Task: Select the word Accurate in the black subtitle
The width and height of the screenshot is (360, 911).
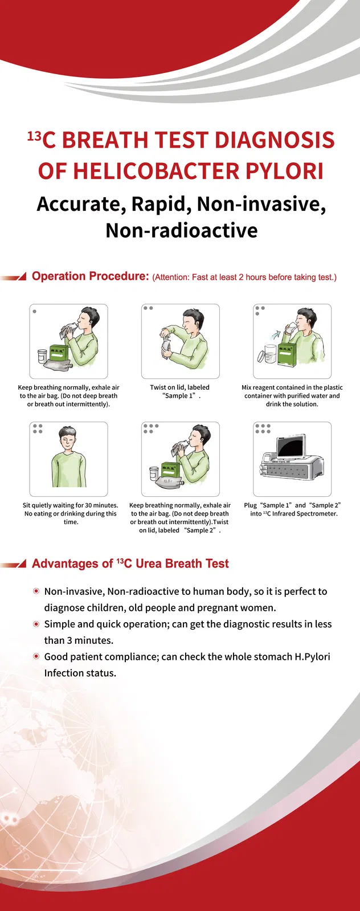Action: pyautogui.click(x=79, y=204)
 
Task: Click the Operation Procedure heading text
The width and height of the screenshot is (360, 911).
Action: pyautogui.click(x=90, y=276)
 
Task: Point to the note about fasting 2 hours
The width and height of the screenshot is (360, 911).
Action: pyautogui.click(x=244, y=277)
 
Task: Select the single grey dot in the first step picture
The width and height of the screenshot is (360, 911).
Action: pyautogui.click(x=35, y=312)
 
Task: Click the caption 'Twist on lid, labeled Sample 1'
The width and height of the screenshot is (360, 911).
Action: pyautogui.click(x=180, y=391)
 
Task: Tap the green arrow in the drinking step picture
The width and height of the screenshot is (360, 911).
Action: pyautogui.click(x=278, y=334)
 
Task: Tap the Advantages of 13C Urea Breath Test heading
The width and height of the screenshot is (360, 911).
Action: pyautogui.click(x=130, y=564)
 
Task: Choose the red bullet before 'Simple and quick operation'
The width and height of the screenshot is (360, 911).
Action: pyautogui.click(x=36, y=624)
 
